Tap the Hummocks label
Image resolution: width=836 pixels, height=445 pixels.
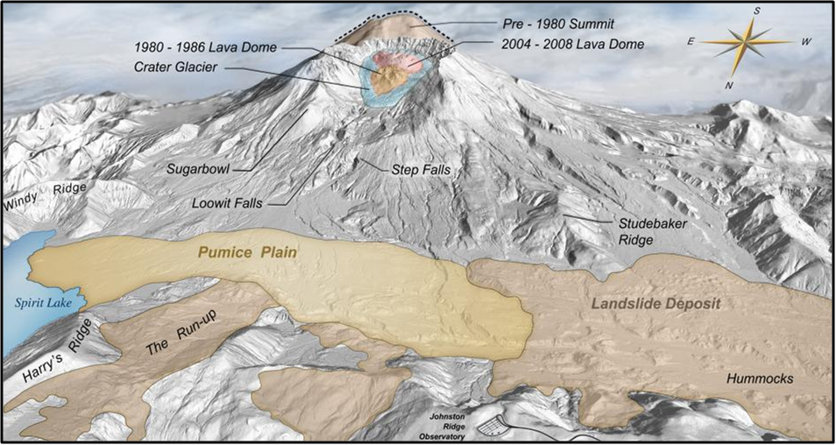760,378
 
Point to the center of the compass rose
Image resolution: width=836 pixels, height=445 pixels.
742,43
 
